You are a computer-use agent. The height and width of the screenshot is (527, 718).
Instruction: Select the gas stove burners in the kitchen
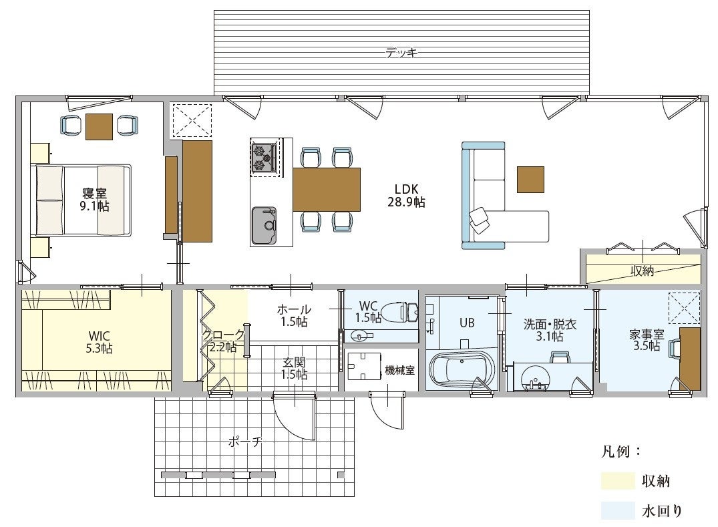tap(264, 157)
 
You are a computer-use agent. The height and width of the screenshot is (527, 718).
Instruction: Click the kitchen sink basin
tap(264, 225)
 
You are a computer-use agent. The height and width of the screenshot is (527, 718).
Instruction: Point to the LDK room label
tap(406, 196)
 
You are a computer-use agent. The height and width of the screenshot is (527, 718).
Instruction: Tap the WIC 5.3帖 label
tap(99, 342)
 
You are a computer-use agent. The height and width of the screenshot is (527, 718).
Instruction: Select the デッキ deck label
tap(401, 53)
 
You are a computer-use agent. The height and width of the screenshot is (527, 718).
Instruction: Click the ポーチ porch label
tap(245, 442)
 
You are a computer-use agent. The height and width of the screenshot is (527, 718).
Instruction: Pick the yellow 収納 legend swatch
tap(618, 481)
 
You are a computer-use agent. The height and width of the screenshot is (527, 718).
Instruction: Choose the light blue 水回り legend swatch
tap(618, 510)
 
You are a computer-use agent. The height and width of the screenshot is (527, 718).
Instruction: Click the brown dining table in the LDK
tap(327, 190)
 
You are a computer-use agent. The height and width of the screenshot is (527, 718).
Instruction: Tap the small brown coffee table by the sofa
tap(531, 180)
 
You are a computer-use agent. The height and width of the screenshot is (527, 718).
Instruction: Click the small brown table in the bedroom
tap(99, 126)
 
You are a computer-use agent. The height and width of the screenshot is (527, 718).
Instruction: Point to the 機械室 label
tap(400, 370)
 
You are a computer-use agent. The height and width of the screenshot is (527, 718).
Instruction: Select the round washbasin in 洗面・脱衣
tap(534, 377)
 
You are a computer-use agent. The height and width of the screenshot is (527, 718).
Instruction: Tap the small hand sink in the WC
tap(361, 335)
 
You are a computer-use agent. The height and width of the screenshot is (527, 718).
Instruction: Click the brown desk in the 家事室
tap(689, 359)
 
